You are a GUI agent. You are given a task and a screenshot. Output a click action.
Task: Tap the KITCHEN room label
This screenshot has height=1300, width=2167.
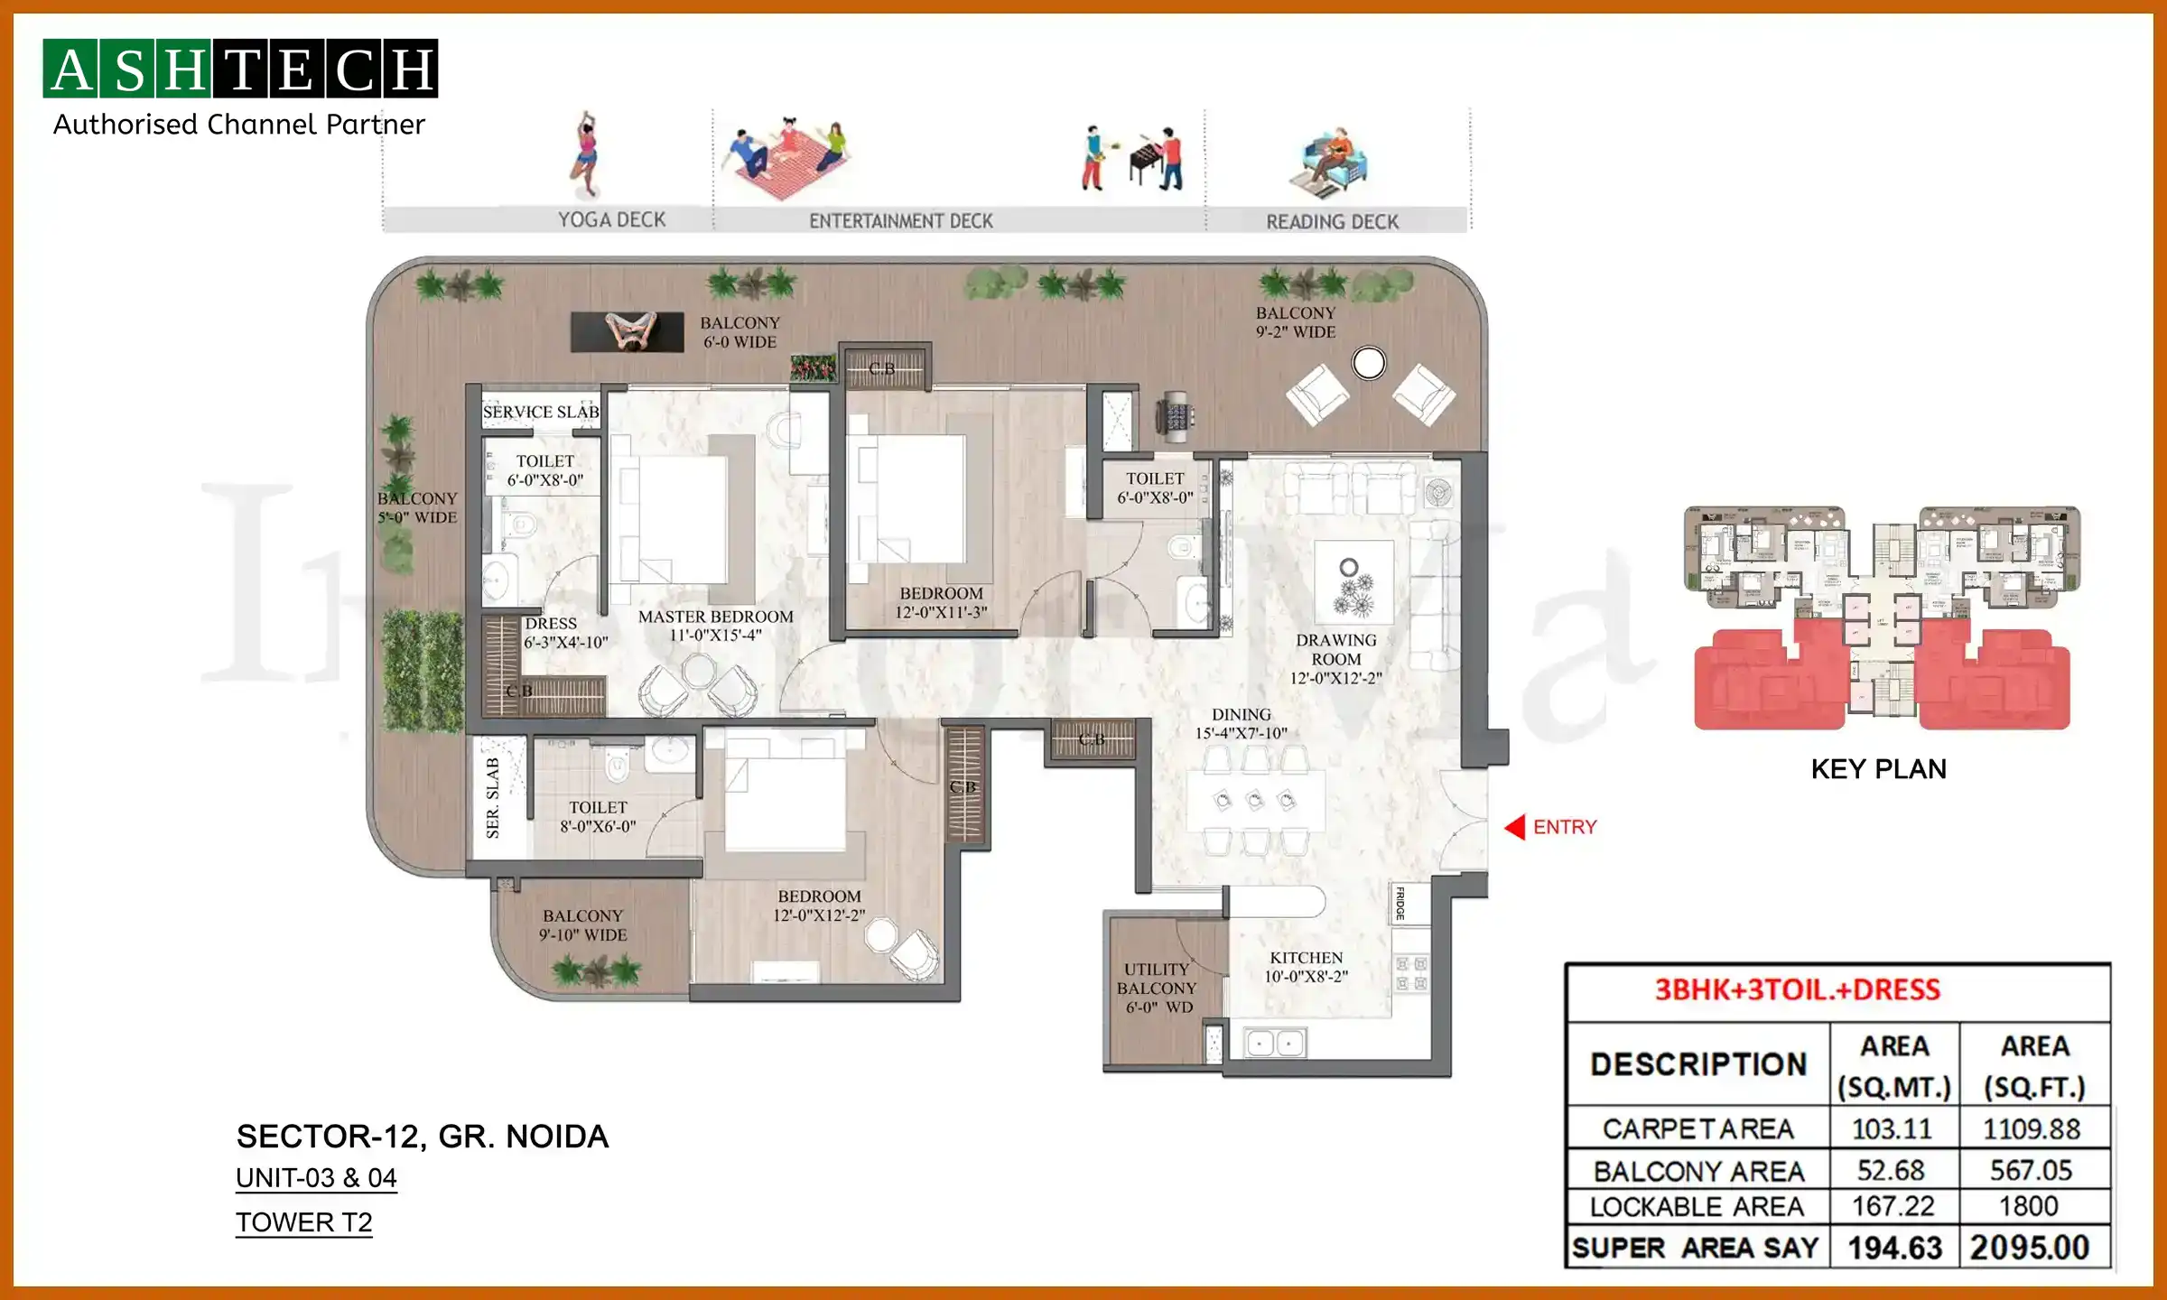coord(1306,967)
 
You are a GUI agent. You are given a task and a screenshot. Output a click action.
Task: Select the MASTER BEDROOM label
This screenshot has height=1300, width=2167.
coord(715,625)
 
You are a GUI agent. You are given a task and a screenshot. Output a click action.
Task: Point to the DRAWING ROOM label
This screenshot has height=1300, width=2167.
coord(1335,658)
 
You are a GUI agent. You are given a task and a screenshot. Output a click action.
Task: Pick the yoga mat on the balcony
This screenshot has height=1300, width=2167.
coord(628,331)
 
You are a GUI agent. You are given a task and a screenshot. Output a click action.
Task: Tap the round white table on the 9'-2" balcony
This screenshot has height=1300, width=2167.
coord(1369,364)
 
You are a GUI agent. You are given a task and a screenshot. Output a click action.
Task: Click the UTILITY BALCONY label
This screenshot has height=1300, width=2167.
coord(1157,988)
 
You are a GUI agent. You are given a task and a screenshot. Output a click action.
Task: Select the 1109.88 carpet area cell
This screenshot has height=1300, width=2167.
coord(2032,1128)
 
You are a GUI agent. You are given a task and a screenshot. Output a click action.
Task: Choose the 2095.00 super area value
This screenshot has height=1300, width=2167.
coord(2030,1248)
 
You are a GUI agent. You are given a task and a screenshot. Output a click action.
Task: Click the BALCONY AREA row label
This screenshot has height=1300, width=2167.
coord(1698,1171)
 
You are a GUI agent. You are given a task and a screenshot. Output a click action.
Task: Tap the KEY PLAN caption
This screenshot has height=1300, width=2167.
coord(1878,769)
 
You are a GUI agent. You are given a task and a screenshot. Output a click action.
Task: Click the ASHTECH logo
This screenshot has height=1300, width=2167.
coord(240,69)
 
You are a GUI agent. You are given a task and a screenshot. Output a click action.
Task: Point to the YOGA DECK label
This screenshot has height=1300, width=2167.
coord(611,220)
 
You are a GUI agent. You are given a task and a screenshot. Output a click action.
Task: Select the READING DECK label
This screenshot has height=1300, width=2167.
coord(1332,222)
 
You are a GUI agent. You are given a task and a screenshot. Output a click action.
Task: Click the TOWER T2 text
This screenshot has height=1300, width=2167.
coord(303,1222)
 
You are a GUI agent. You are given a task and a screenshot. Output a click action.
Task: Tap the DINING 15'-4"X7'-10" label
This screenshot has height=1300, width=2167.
coord(1241,723)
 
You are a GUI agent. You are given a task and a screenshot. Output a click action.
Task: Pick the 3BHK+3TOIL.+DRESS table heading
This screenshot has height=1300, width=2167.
coord(1797,990)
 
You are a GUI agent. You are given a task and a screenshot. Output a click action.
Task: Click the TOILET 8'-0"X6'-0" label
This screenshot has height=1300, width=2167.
coord(598,816)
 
